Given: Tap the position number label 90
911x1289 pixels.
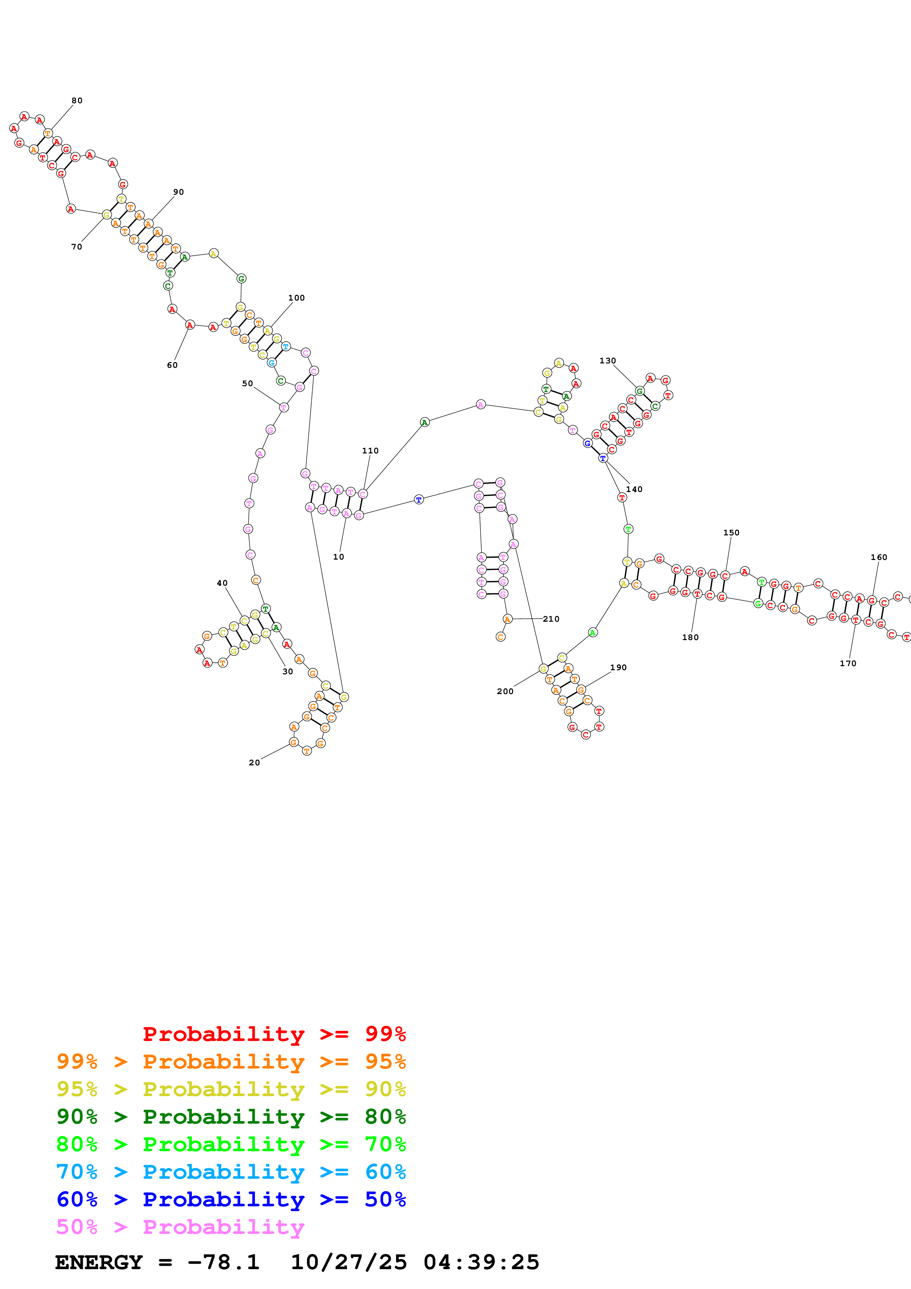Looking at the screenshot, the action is pyautogui.click(x=179, y=192).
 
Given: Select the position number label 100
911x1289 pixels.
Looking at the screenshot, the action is pyautogui.click(x=296, y=298).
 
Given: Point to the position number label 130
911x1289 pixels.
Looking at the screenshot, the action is pyautogui.click(x=607, y=361).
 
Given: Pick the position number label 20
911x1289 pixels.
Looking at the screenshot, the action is pyautogui.click(x=254, y=763).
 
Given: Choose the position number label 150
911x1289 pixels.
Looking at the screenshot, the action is pyautogui.click(x=731, y=533).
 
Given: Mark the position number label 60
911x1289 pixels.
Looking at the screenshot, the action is pyautogui.click(x=172, y=366).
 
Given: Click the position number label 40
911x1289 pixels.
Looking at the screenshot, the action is pyautogui.click(x=222, y=583).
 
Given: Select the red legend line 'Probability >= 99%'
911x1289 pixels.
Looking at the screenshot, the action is pyautogui.click(x=274, y=1034).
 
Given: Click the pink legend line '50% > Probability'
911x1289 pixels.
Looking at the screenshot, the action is pyautogui.click(x=180, y=1227).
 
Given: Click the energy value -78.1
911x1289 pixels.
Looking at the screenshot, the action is pyautogui.click(x=223, y=1262).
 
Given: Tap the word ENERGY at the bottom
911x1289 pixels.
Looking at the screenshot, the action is pyautogui.click(x=99, y=1262).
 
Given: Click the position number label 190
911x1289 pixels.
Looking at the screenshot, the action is pyautogui.click(x=618, y=668).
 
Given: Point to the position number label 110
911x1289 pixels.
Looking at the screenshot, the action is pyautogui.click(x=370, y=451).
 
